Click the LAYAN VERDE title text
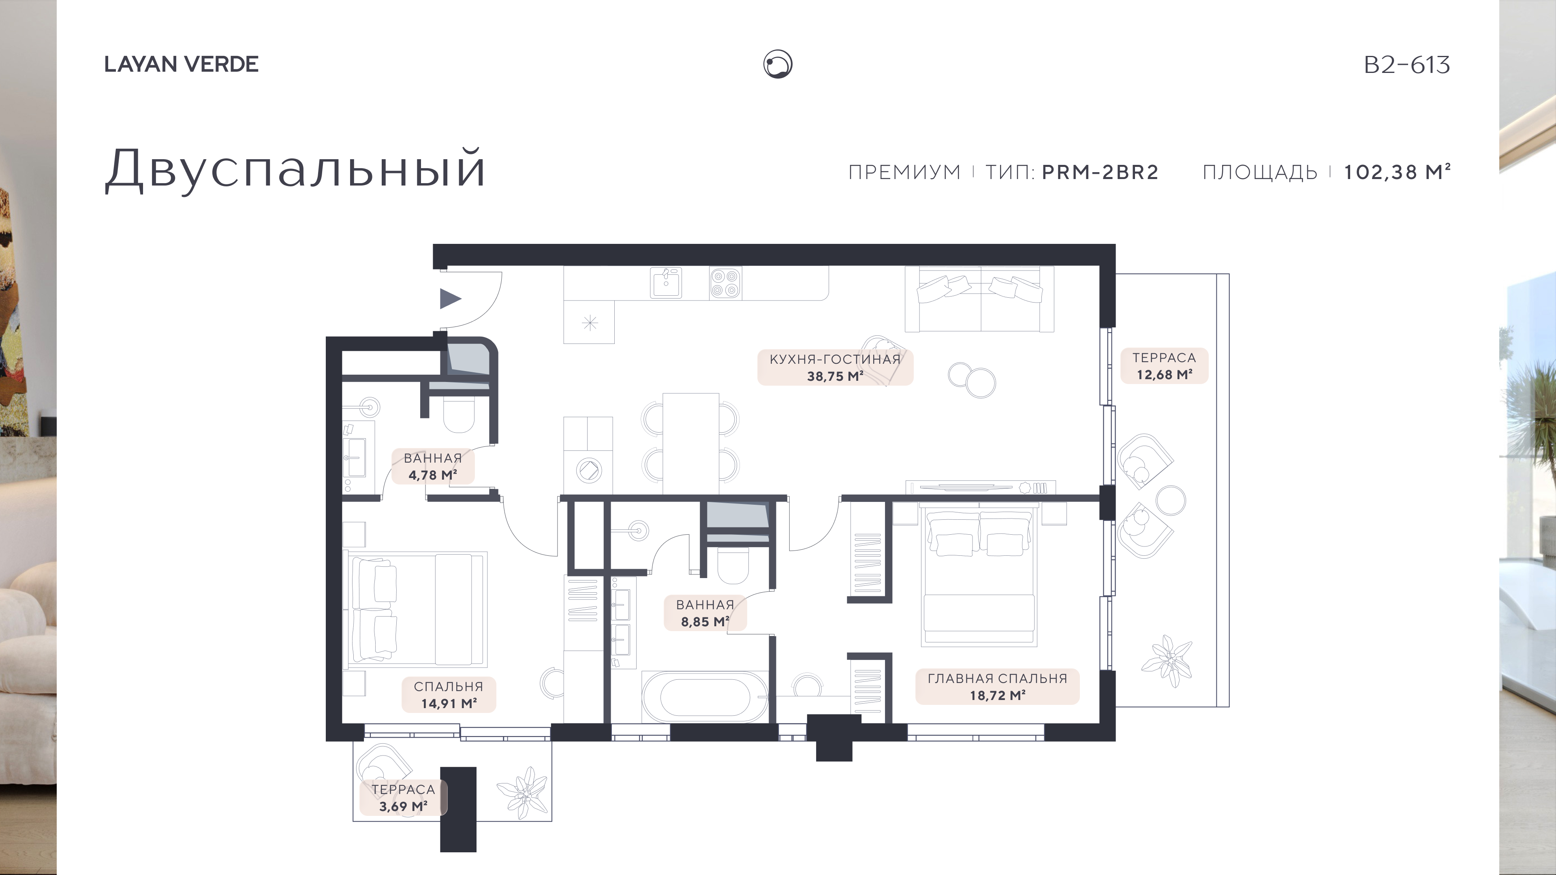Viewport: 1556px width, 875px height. point(181,64)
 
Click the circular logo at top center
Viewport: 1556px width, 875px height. point(778,64)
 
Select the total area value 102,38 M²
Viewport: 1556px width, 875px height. point(1396,172)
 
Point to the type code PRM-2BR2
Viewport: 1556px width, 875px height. point(1101,172)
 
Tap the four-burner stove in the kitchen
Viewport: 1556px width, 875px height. point(725,283)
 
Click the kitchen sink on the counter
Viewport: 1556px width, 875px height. point(666,283)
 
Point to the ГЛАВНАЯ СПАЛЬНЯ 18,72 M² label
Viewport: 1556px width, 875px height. point(997,687)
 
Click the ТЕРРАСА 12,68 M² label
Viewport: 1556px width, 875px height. point(1164,366)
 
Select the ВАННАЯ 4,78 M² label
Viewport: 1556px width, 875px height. point(432,467)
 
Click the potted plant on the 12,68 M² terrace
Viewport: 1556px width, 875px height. point(1167,661)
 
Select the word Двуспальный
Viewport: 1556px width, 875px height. point(295,169)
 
